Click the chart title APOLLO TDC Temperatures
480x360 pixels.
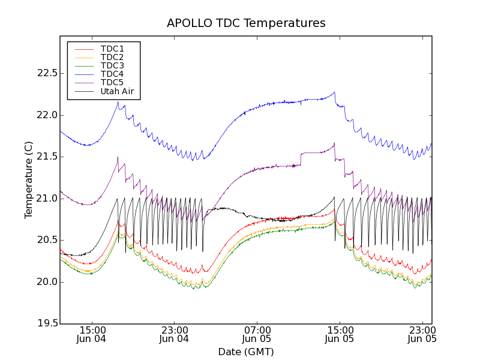click(246, 23)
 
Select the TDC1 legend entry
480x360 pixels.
click(112, 49)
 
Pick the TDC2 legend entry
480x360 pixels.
click(112, 57)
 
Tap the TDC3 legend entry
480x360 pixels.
click(112, 65)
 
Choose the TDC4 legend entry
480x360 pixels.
click(112, 74)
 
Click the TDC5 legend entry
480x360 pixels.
click(112, 82)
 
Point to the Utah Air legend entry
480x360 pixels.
click(117, 92)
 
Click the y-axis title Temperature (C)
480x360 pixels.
click(29, 180)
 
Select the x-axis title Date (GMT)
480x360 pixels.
click(246, 352)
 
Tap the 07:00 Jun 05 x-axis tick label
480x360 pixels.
click(257, 334)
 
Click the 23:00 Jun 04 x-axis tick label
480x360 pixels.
click(175, 334)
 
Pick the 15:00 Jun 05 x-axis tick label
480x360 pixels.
click(340, 334)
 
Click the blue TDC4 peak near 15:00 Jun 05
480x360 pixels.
click(334, 92)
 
